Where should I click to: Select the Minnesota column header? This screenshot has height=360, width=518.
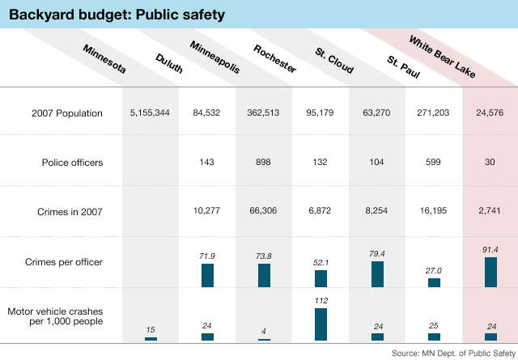coord(105,59)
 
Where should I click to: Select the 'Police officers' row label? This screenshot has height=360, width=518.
coord(73,163)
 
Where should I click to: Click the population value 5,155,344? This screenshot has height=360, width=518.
coord(150,113)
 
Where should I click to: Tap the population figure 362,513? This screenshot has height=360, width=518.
coord(264,113)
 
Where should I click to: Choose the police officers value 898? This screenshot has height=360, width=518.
coord(264,163)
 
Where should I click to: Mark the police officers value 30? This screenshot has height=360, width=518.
coord(490,163)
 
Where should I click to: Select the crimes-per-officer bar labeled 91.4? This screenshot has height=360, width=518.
coord(490,273)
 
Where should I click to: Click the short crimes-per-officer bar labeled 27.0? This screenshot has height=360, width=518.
coord(434,282)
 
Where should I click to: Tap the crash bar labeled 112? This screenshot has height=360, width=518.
coord(321,324)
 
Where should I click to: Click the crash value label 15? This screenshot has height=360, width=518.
coord(151,329)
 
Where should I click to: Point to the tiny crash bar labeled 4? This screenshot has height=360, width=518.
coord(264,338)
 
